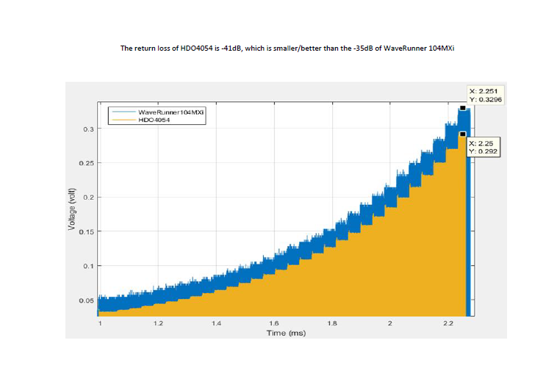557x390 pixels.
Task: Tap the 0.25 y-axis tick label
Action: tap(87, 163)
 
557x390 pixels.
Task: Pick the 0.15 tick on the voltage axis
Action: tap(87, 232)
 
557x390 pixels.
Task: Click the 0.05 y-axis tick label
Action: tap(87, 300)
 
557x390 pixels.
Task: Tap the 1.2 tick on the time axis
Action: tap(157, 323)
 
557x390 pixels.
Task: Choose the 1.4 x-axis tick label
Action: tap(216, 323)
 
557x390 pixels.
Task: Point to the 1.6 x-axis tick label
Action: tap(274, 323)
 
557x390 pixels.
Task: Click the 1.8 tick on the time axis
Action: tap(332, 323)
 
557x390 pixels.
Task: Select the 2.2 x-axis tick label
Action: tap(448, 323)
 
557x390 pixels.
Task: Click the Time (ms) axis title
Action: tap(285, 333)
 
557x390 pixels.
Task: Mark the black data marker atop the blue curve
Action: tap(462, 108)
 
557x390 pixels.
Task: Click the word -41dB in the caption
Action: tap(228, 48)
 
